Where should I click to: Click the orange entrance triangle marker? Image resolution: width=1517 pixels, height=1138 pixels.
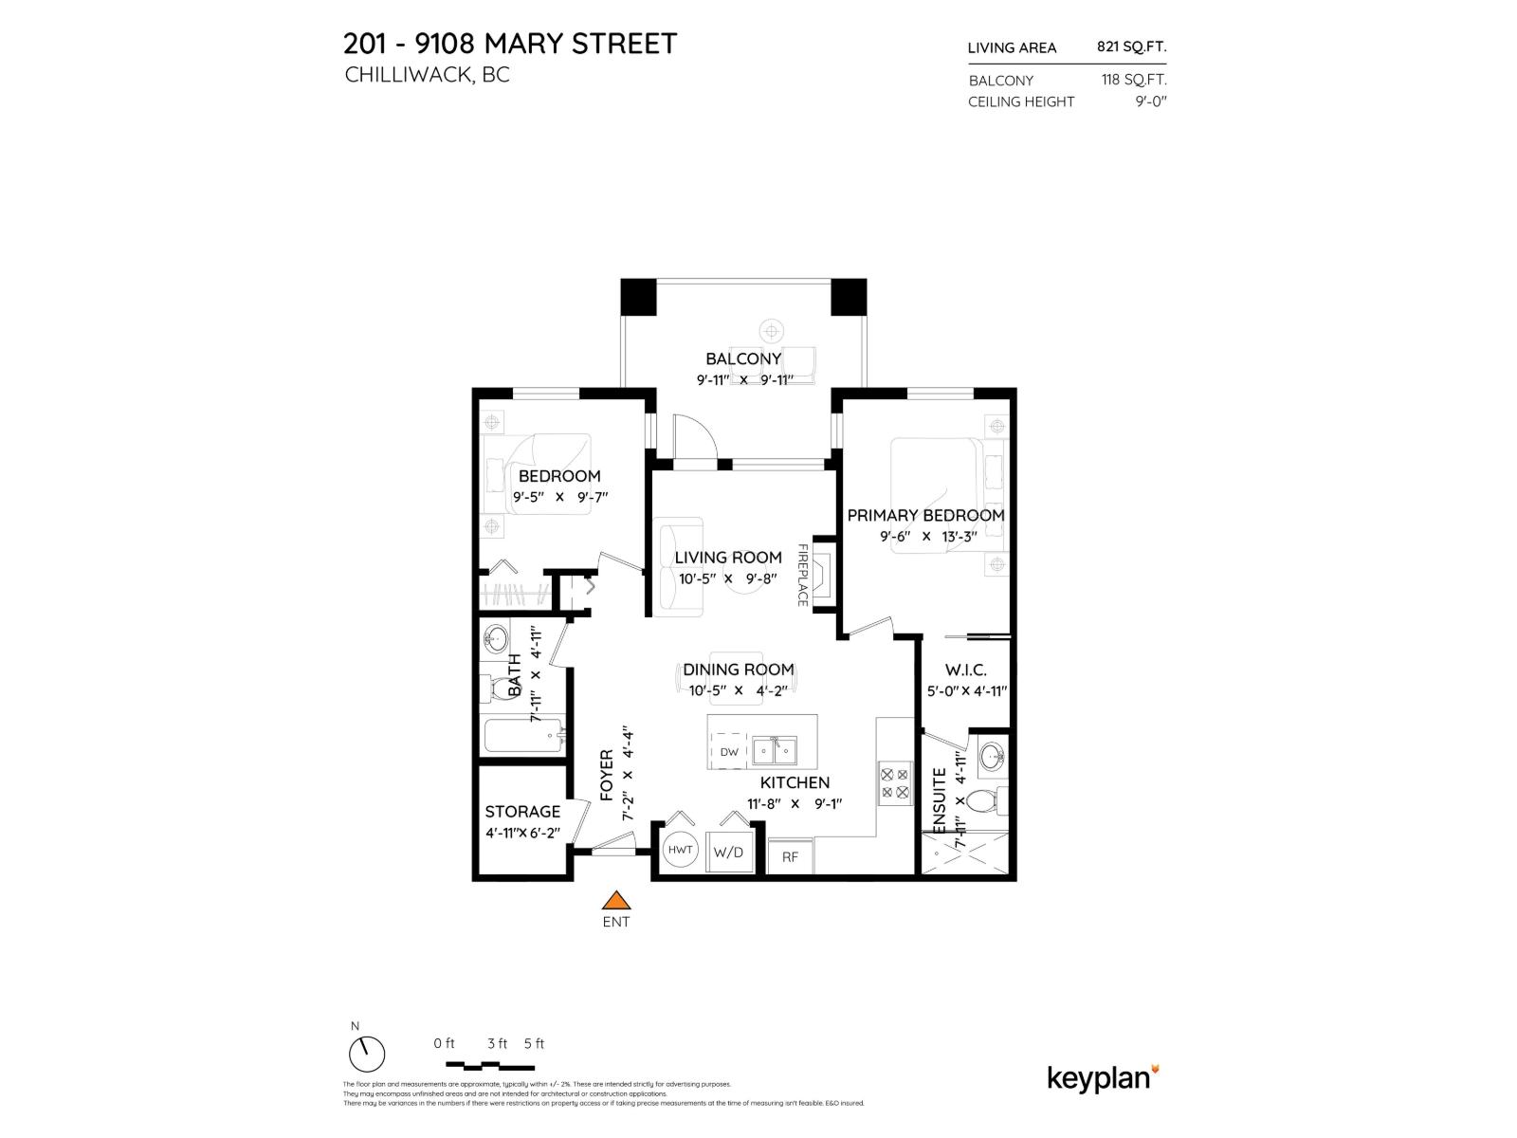[617, 901]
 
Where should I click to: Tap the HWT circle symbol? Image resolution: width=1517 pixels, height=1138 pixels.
[681, 850]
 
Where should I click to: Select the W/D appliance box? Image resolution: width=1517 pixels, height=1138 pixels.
[728, 852]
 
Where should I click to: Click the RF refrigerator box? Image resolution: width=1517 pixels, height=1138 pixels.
[790, 856]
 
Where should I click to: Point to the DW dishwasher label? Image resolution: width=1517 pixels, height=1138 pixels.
[729, 752]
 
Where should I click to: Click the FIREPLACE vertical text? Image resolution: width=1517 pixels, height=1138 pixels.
[802, 575]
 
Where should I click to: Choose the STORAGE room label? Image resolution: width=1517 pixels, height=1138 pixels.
[522, 812]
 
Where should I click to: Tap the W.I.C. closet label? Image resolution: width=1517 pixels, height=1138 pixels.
[965, 670]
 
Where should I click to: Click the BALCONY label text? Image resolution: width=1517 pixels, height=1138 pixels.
[743, 358]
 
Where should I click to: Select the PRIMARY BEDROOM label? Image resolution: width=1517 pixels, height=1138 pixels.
[925, 515]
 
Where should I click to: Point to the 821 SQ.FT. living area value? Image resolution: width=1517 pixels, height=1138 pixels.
[1131, 46]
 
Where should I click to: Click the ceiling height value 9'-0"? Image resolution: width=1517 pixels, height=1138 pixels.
[1150, 101]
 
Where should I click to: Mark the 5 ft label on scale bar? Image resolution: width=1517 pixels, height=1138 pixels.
[534, 1043]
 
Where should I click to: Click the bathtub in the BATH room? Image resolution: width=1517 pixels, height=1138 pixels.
[522, 736]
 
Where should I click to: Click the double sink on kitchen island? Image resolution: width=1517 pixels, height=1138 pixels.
[775, 752]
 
